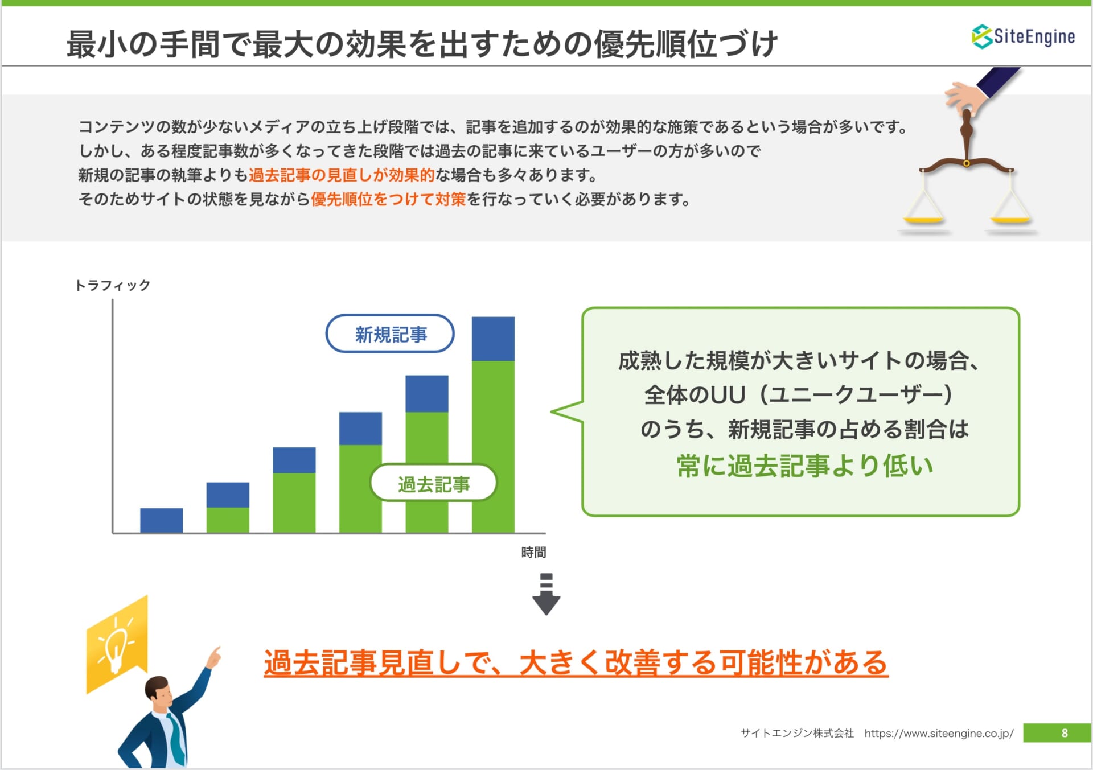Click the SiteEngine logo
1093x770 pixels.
(x=1023, y=36)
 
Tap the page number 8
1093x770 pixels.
(x=1064, y=733)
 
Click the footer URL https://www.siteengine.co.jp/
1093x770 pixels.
(x=939, y=733)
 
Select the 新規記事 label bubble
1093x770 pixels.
(x=390, y=334)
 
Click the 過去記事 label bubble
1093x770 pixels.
(x=434, y=484)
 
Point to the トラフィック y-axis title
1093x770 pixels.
(x=113, y=285)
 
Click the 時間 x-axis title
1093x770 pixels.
(x=533, y=552)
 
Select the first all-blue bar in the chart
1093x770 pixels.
(x=162, y=520)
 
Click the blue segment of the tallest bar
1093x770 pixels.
(x=493, y=339)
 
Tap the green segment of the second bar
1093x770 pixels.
(x=228, y=520)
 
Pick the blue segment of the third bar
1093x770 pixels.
(x=294, y=460)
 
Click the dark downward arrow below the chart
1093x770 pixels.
(x=546, y=594)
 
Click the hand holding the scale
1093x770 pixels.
(x=966, y=96)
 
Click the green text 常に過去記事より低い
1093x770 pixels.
(x=805, y=466)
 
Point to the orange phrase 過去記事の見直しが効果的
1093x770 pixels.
(x=342, y=175)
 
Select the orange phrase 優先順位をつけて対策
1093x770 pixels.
(x=388, y=199)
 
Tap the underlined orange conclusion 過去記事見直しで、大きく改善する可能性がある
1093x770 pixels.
(x=576, y=662)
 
